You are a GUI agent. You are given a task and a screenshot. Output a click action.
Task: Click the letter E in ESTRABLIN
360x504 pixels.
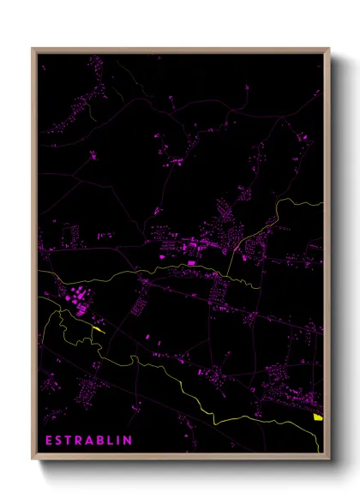[x=49, y=441]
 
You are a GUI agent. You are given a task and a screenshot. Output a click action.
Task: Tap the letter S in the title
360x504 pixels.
[x=59, y=441]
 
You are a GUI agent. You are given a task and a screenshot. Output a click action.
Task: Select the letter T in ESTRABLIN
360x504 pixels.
[x=69, y=441]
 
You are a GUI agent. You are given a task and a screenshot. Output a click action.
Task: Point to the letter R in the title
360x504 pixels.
[x=80, y=441]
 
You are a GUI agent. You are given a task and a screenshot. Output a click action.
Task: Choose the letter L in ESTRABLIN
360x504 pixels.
[x=111, y=441]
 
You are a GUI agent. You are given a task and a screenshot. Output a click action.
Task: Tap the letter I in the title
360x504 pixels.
[x=119, y=441]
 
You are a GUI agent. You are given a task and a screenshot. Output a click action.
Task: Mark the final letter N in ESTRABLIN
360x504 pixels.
[x=128, y=441]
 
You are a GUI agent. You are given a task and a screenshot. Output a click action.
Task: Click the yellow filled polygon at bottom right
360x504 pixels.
[x=318, y=417]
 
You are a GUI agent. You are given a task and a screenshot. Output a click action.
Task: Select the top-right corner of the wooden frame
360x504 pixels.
[x=329, y=49]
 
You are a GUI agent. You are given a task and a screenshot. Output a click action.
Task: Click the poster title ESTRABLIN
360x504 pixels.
[x=88, y=441]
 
